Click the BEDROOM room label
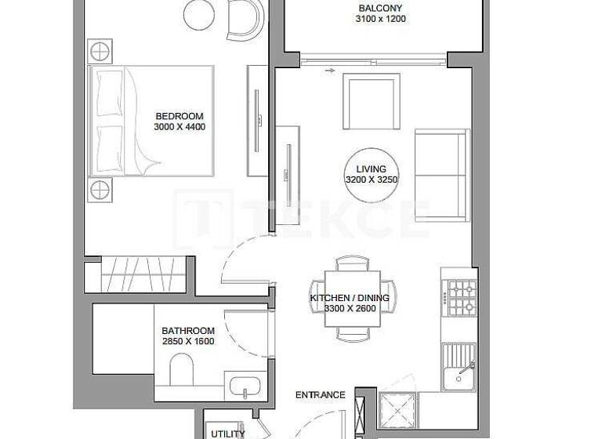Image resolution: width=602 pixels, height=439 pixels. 179,117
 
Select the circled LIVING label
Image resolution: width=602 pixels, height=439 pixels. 372,169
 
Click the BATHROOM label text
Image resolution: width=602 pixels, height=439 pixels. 188,331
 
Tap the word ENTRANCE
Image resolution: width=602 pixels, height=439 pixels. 320,395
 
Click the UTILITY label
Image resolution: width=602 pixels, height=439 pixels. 227,433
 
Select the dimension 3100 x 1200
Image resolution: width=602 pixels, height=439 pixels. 381,19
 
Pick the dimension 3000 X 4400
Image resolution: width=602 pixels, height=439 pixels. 180,127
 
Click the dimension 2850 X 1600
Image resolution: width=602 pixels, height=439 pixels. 188,341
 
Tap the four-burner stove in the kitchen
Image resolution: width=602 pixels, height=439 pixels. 459,296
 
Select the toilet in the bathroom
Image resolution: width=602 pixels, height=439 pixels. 181,372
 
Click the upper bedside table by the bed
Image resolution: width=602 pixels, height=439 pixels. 100,53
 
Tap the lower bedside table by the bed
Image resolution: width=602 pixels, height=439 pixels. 100,189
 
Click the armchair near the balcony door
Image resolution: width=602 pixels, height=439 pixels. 372,101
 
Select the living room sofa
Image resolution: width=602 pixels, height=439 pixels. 441,174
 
